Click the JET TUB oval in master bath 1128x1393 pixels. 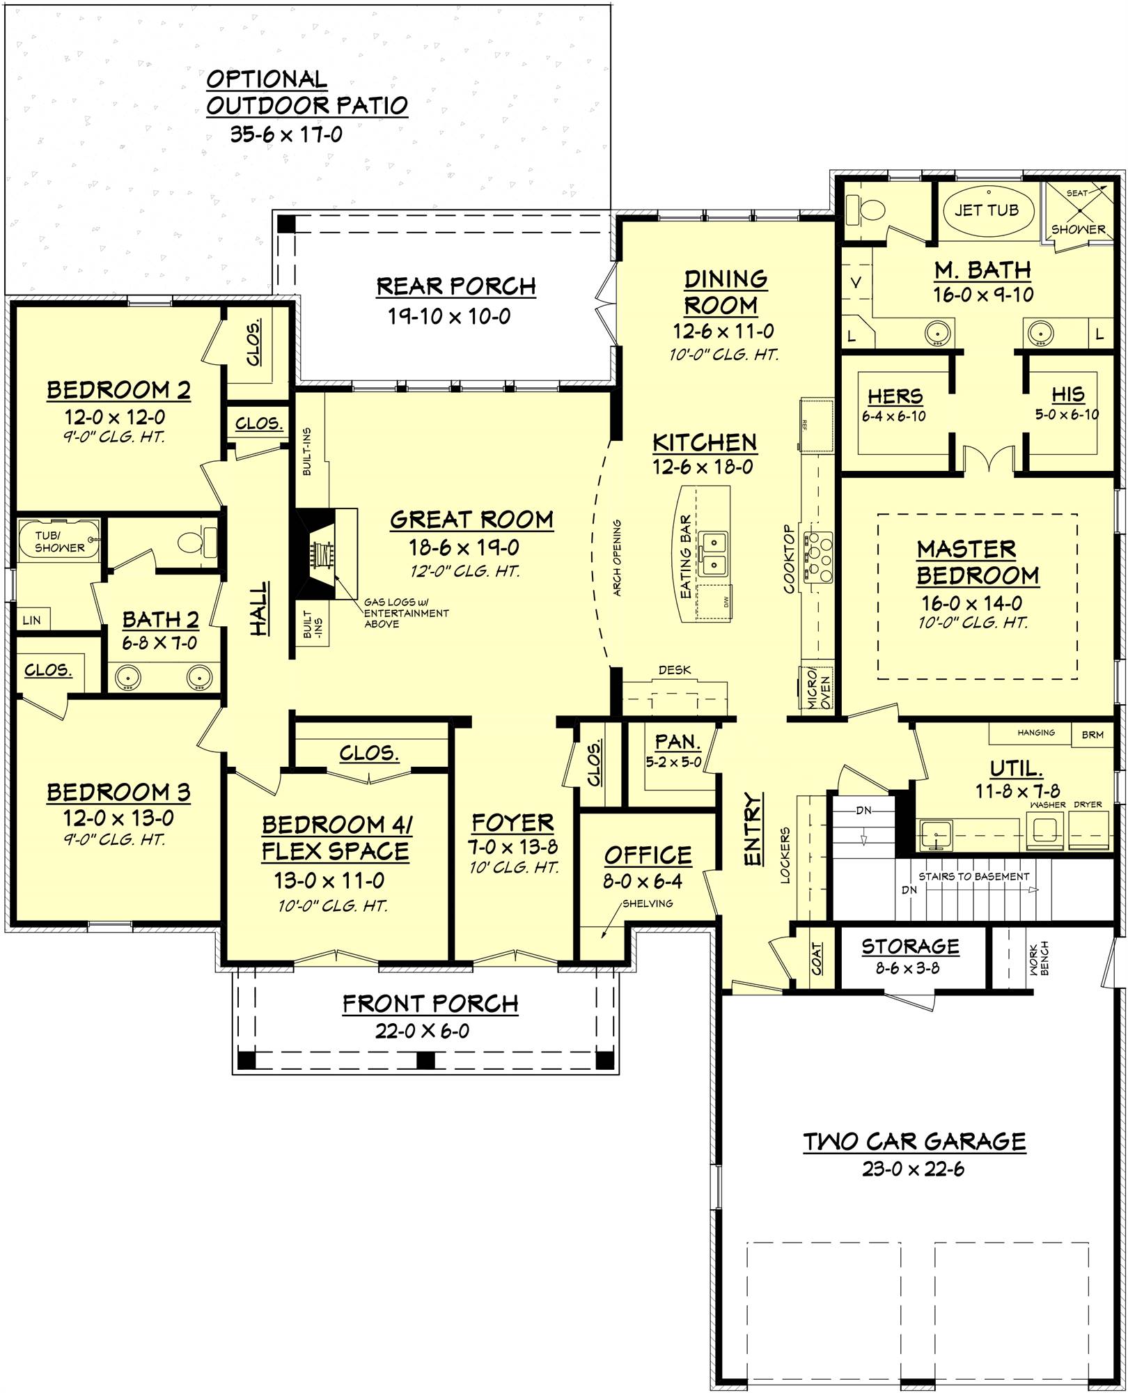986,210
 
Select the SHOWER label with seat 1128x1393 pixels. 1078,228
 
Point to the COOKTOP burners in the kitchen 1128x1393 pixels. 818,557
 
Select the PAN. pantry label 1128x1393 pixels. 677,741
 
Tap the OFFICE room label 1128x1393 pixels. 648,855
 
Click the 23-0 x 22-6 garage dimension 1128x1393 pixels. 913,1169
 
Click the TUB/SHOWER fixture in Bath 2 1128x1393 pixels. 58,542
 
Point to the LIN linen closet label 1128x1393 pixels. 32,620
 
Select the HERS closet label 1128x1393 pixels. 895,396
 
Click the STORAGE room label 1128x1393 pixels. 910,946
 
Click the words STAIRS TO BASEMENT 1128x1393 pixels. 973,876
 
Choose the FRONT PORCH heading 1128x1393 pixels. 430,1004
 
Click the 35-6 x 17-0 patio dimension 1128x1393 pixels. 286,134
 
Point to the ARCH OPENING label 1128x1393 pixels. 617,557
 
